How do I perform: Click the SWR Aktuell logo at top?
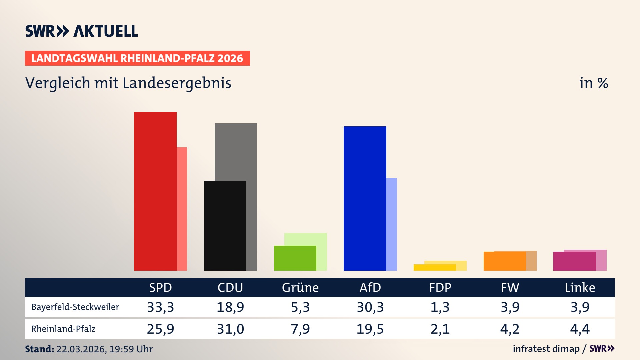[81, 31]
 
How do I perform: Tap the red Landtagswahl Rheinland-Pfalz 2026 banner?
[137, 58]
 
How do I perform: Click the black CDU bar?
[225, 225]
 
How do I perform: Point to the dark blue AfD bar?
[365, 198]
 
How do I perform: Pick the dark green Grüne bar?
[295, 258]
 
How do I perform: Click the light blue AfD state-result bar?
[392, 224]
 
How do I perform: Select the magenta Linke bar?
[574, 261]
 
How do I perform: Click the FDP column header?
[440, 287]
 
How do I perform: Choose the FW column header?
[510, 287]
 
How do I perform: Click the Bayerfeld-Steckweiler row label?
[75, 307]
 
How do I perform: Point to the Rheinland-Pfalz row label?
[63, 329]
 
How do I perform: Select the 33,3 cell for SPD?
[160, 307]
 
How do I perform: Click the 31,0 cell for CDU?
[230, 329]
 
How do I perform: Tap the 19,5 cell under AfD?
[370, 329]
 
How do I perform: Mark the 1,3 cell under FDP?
[440, 307]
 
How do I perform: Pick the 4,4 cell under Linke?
[580, 329]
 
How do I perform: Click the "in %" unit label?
[593, 83]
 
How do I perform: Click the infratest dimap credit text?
[546, 349]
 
